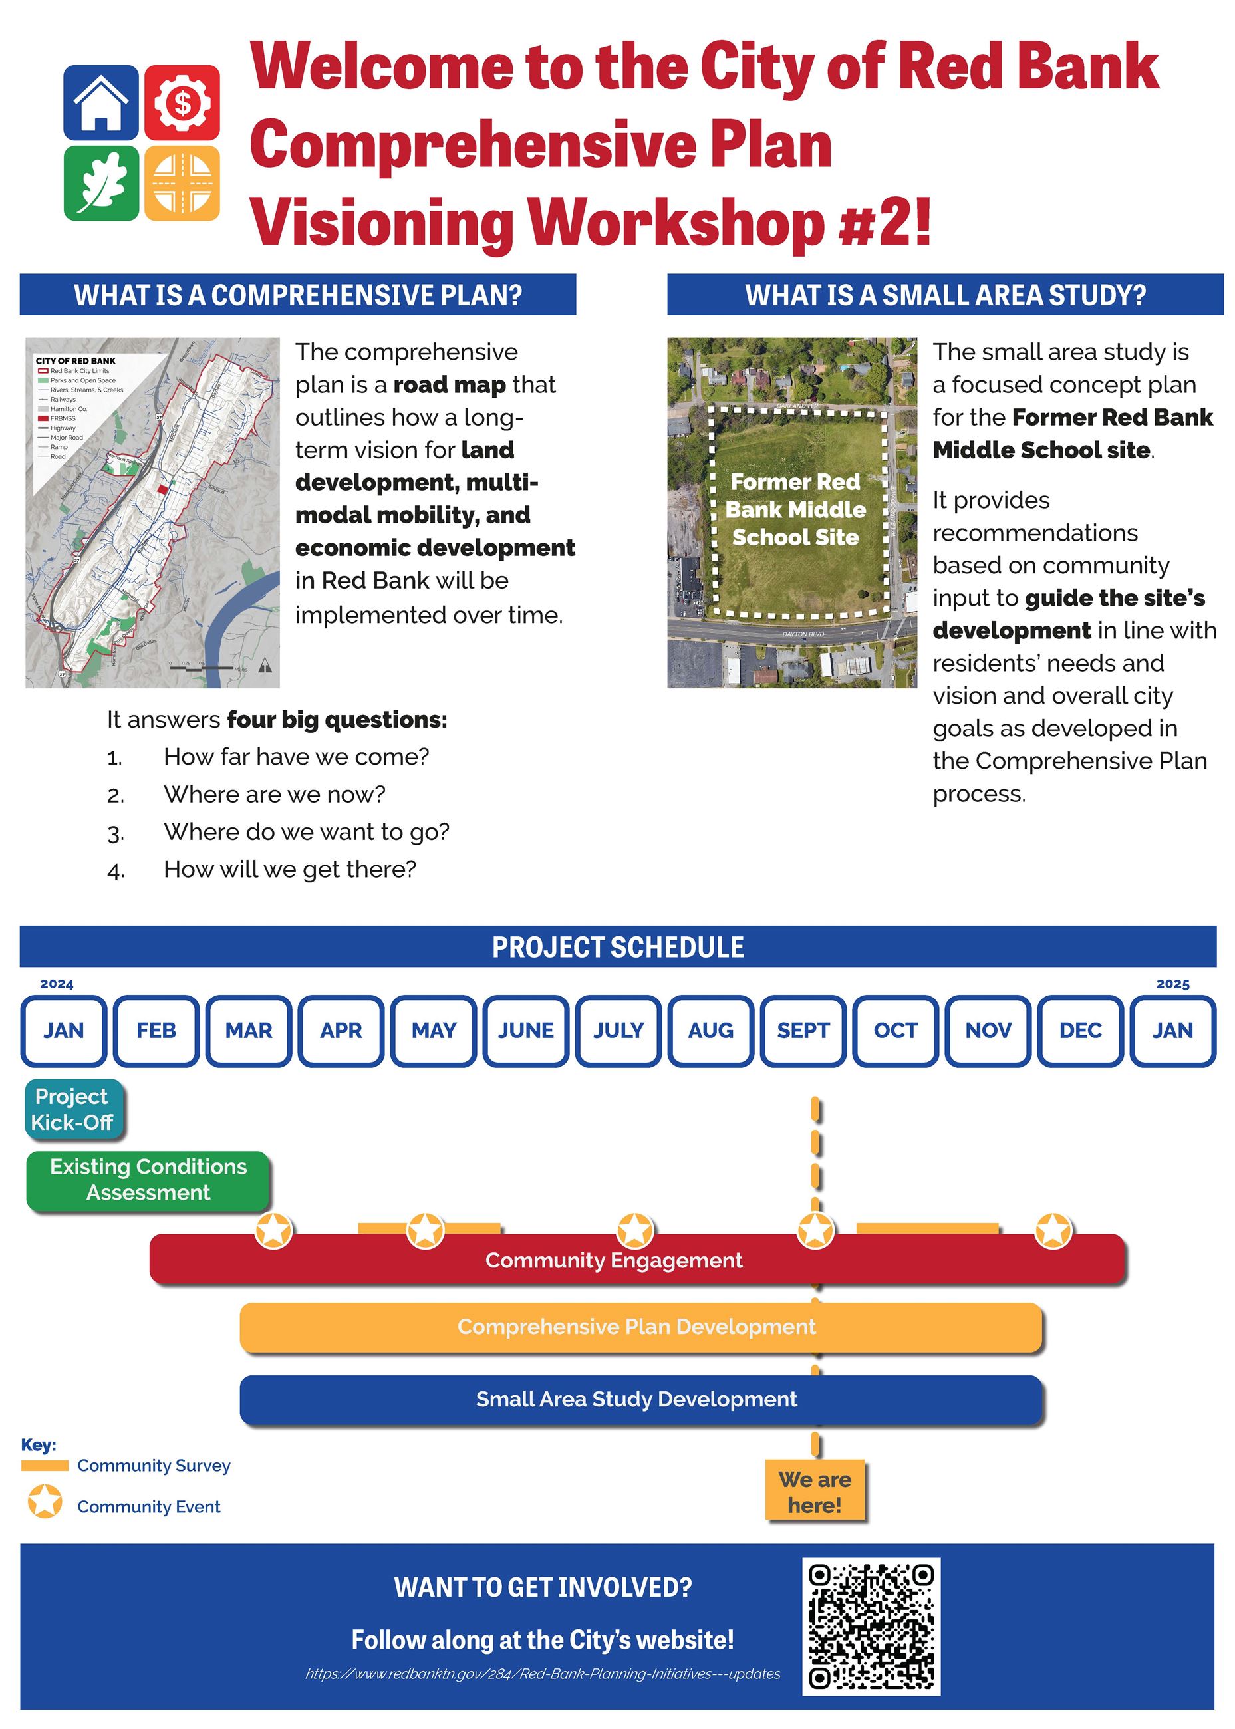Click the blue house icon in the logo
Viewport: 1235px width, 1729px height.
pos(100,102)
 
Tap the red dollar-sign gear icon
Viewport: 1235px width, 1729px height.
pos(182,102)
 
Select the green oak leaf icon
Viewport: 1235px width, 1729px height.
pos(100,184)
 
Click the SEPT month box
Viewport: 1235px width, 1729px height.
pos(803,1030)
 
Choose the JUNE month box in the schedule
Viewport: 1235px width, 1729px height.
pos(525,1030)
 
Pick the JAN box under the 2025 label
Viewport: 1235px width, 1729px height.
pos(1172,1030)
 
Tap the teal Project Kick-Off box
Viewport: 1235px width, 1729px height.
pos(73,1109)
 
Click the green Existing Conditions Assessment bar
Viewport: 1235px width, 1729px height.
pos(148,1179)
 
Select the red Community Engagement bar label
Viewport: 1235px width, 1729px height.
pos(614,1261)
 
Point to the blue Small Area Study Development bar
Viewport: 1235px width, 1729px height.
pos(636,1399)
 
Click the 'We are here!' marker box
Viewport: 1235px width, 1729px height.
pos(815,1491)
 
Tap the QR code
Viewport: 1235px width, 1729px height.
pos(871,1627)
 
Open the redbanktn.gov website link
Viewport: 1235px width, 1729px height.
pos(543,1674)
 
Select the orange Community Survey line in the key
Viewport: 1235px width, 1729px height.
pos(45,1465)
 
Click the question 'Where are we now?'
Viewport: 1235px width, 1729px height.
pos(275,795)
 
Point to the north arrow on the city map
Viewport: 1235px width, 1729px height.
pos(265,666)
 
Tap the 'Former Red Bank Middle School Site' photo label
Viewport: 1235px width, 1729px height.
pos(795,509)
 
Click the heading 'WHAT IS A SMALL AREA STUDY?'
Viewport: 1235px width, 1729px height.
pos(944,295)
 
